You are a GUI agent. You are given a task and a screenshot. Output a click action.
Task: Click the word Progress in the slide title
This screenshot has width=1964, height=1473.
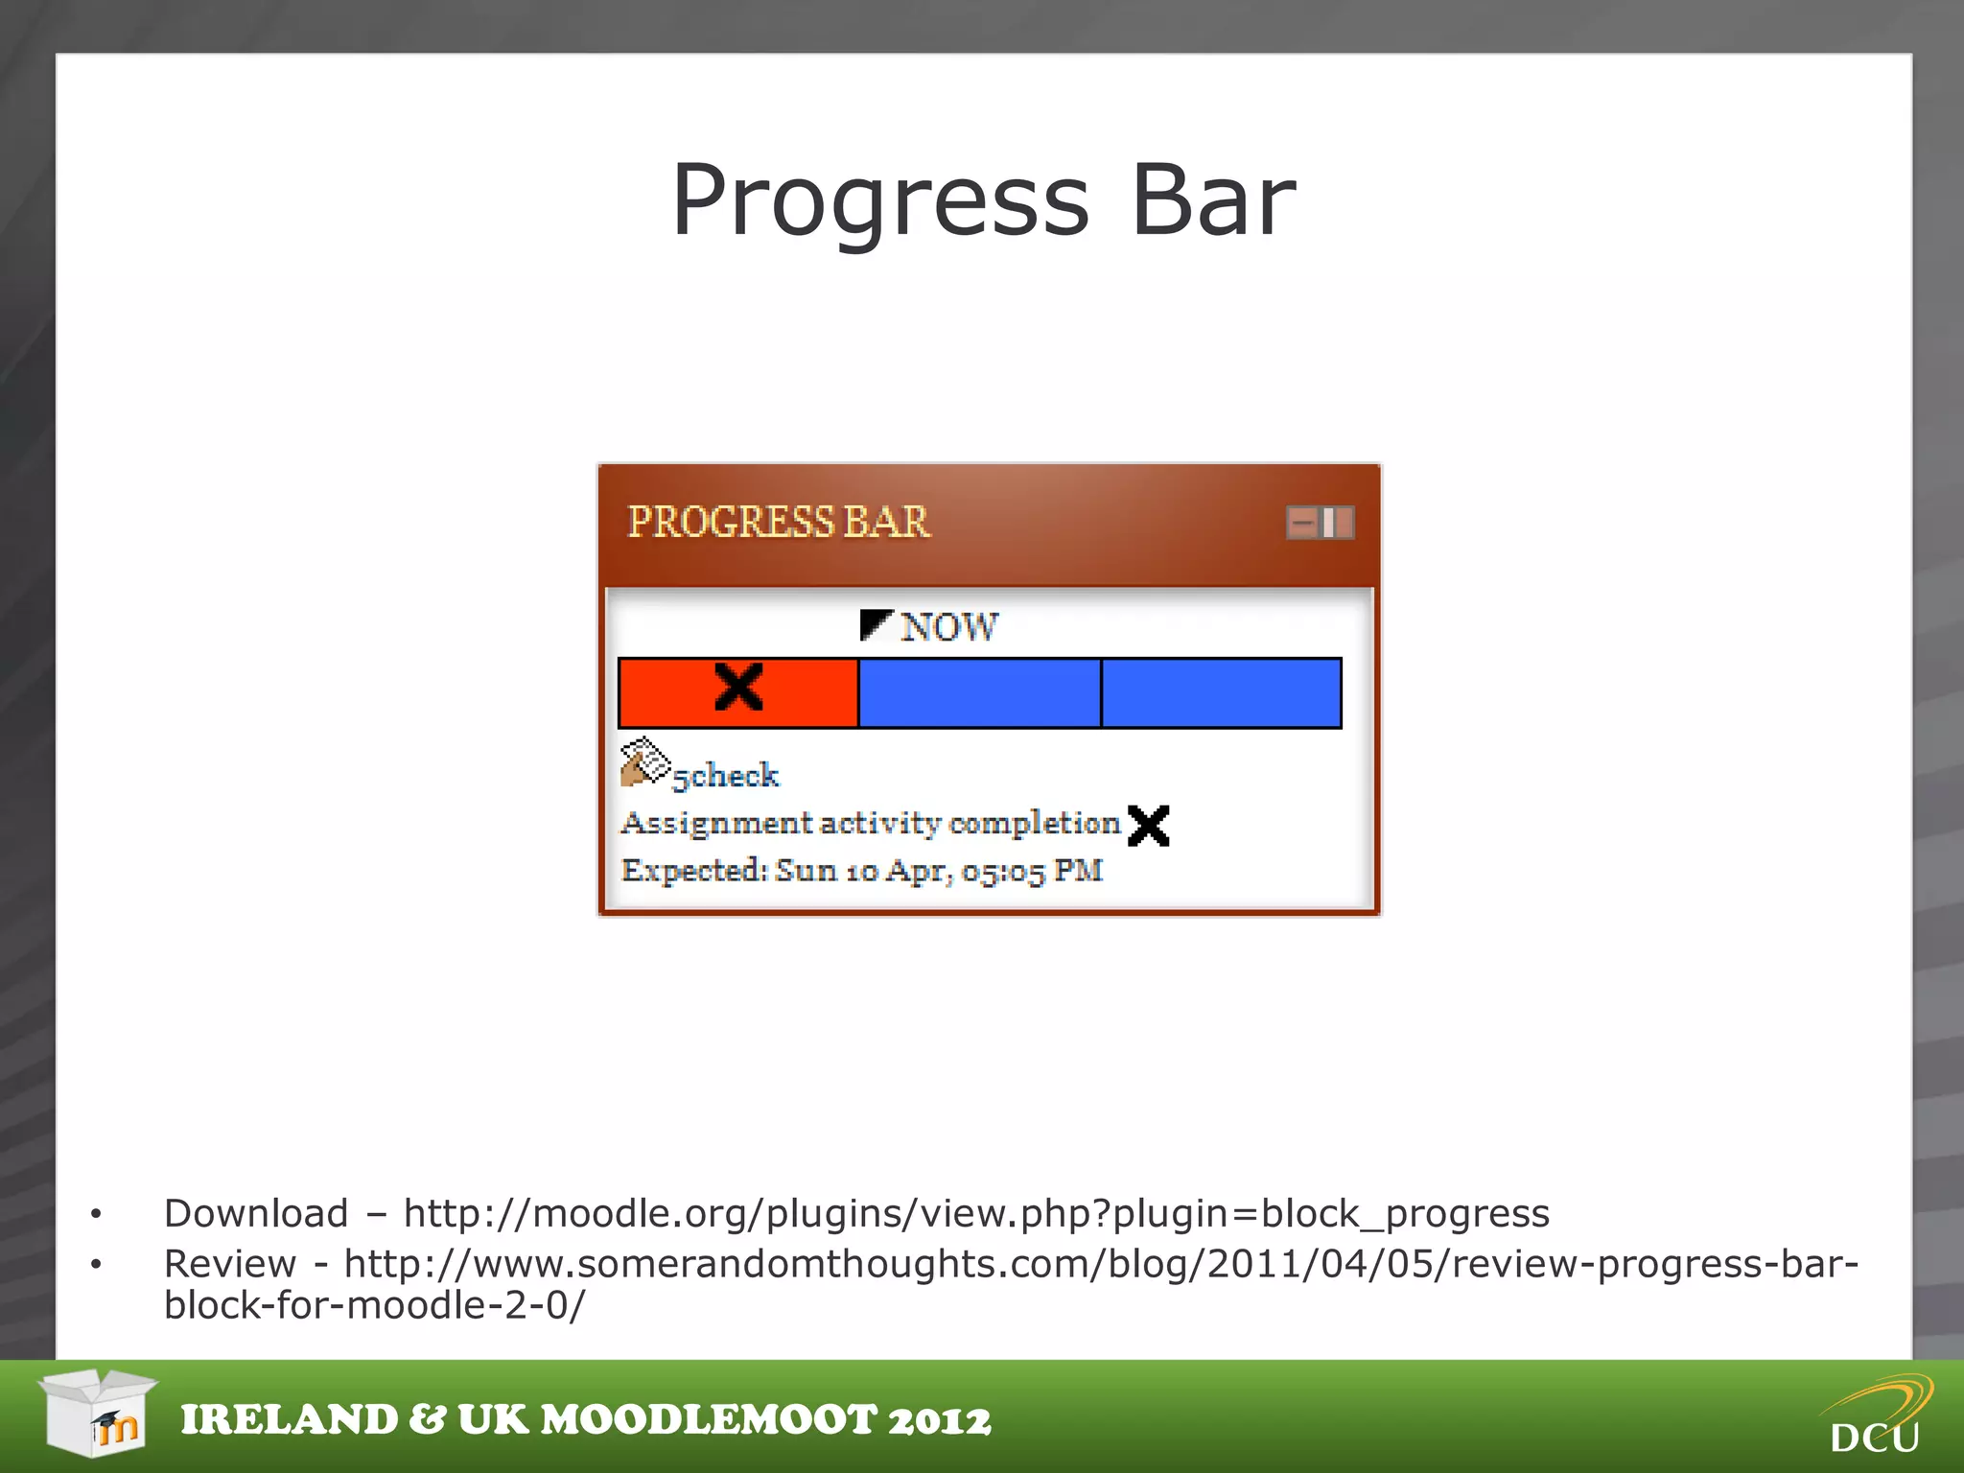click(x=879, y=201)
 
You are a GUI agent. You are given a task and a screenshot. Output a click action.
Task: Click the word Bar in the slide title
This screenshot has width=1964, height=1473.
click(x=1213, y=201)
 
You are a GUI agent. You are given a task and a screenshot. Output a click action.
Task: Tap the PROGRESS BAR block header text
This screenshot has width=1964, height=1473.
click(x=778, y=523)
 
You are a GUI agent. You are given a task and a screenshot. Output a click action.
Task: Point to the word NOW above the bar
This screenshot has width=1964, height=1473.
click(x=948, y=627)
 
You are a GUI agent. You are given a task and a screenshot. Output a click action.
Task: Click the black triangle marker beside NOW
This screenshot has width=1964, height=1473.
click(x=875, y=623)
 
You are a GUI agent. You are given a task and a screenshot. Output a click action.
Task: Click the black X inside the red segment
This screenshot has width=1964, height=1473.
click(x=738, y=688)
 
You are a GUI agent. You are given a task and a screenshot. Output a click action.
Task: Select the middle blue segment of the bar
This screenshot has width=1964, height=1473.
click(x=979, y=693)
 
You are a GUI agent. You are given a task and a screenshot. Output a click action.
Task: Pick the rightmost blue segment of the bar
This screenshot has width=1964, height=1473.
click(x=1221, y=693)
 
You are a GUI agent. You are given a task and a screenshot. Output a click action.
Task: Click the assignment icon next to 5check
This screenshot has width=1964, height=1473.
click(x=643, y=762)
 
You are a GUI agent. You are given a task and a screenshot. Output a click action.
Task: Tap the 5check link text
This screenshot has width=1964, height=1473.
click(x=726, y=775)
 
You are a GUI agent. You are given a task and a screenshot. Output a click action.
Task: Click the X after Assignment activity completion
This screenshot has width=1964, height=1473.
click(x=1148, y=825)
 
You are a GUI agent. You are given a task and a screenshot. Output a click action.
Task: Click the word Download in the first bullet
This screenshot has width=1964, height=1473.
click(x=256, y=1214)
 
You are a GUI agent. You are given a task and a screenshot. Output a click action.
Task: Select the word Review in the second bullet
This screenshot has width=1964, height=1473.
click(x=230, y=1264)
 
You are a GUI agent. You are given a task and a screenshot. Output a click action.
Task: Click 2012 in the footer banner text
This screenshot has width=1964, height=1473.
click(x=939, y=1420)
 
